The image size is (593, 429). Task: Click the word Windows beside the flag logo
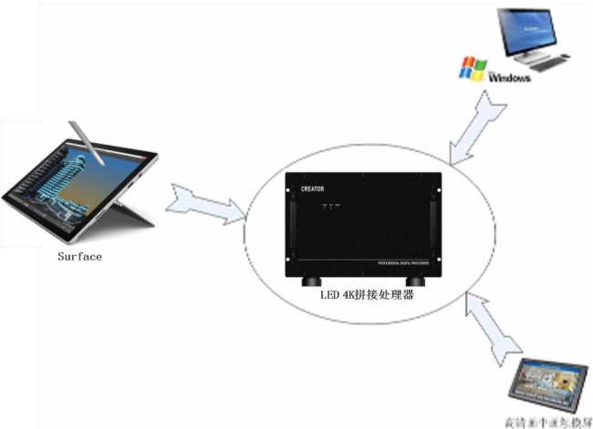tap(510, 79)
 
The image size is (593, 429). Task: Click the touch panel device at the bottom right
tap(549, 383)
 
